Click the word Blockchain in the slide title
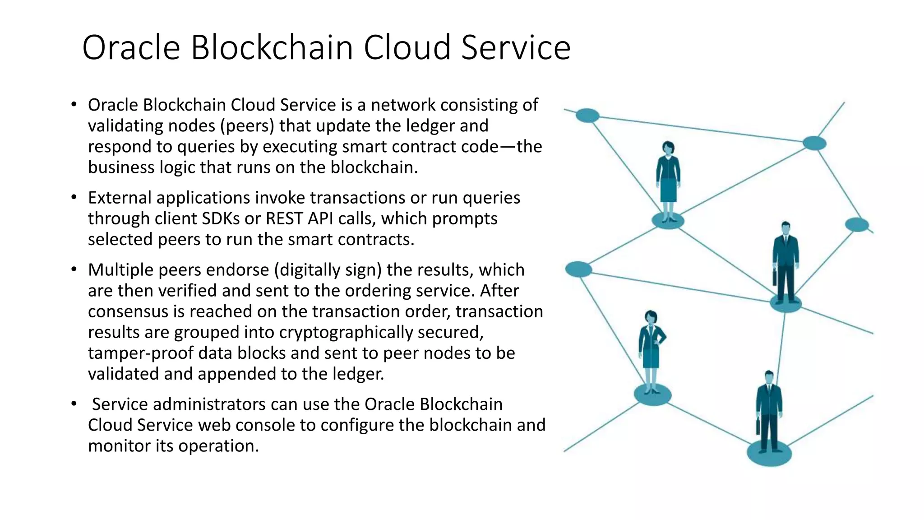(x=272, y=47)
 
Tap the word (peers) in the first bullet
(x=247, y=126)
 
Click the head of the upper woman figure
(x=668, y=148)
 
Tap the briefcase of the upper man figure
(x=775, y=276)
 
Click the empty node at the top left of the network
(x=587, y=116)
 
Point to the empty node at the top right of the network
(x=814, y=144)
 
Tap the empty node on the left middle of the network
(x=578, y=269)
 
